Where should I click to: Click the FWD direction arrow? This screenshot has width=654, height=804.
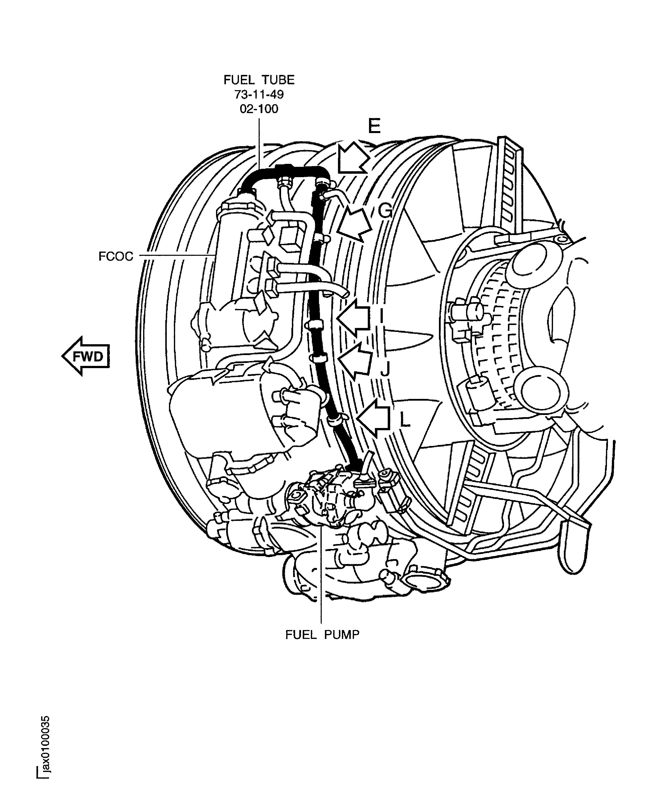coord(86,356)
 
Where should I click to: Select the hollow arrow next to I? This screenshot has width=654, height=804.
coord(354,317)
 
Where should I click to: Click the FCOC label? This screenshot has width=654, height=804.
coord(116,256)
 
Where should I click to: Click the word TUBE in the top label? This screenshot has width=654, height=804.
coord(278,80)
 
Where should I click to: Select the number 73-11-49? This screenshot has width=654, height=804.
coord(259,94)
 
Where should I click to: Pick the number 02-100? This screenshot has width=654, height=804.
coord(259,109)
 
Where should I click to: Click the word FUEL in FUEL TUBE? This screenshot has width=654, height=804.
coord(238,80)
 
